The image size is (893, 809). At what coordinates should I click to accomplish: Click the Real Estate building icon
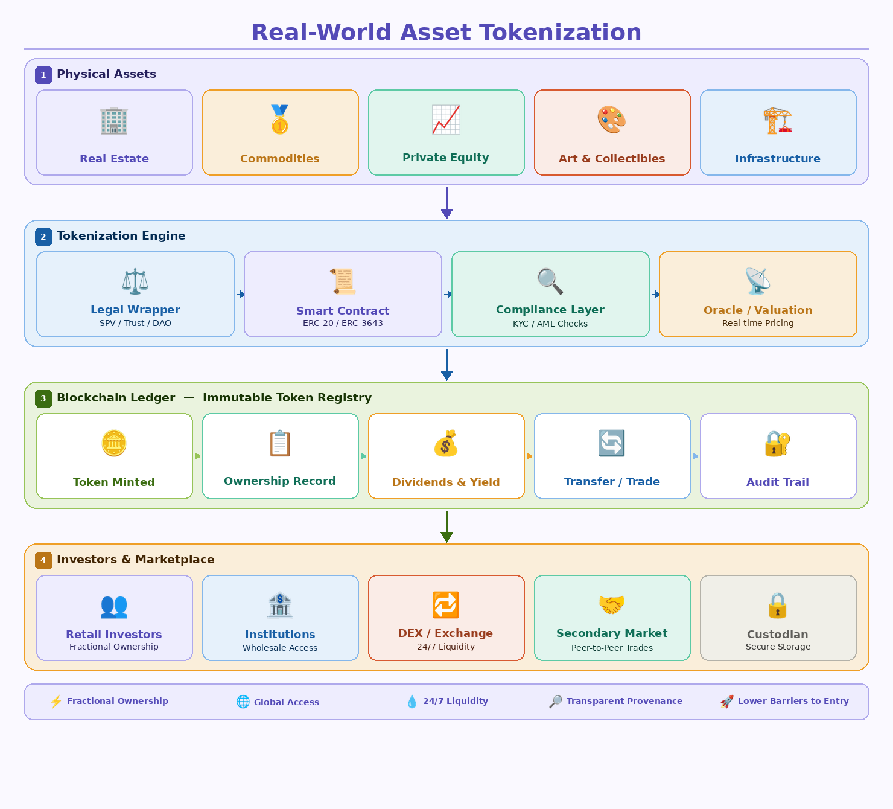pos(114,121)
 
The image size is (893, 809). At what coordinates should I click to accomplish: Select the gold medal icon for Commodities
pos(280,120)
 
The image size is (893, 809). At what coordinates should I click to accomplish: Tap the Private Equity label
pos(446,158)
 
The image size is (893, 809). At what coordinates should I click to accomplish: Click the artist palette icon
pos(612,120)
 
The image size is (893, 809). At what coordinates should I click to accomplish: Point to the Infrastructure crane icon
pos(778,121)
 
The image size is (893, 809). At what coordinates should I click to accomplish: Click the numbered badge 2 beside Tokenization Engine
pos(43,237)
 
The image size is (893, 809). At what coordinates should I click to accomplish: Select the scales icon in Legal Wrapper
pos(135,281)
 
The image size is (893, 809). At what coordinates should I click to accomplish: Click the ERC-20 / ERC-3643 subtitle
pos(343,323)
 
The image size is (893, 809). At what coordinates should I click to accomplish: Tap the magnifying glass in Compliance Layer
pos(550,281)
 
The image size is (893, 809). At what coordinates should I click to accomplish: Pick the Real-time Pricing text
pos(758,323)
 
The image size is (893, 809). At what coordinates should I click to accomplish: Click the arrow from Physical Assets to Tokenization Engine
pos(446,203)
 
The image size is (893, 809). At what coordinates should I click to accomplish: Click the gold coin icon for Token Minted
pos(114,444)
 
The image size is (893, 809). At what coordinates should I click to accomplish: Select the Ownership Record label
pos(280,481)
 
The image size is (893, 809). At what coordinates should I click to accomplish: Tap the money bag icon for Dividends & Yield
pos(446,444)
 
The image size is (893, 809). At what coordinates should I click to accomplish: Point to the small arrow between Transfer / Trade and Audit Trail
pos(695,456)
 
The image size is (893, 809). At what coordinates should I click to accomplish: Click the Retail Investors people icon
pos(114,606)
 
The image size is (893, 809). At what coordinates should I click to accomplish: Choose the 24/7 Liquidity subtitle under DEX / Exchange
pos(446,647)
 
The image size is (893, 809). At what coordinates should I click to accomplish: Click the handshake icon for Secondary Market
pos(612,604)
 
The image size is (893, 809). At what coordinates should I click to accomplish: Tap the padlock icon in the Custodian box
pos(778,606)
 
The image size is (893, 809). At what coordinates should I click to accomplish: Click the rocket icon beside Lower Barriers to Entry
pos(727,702)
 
